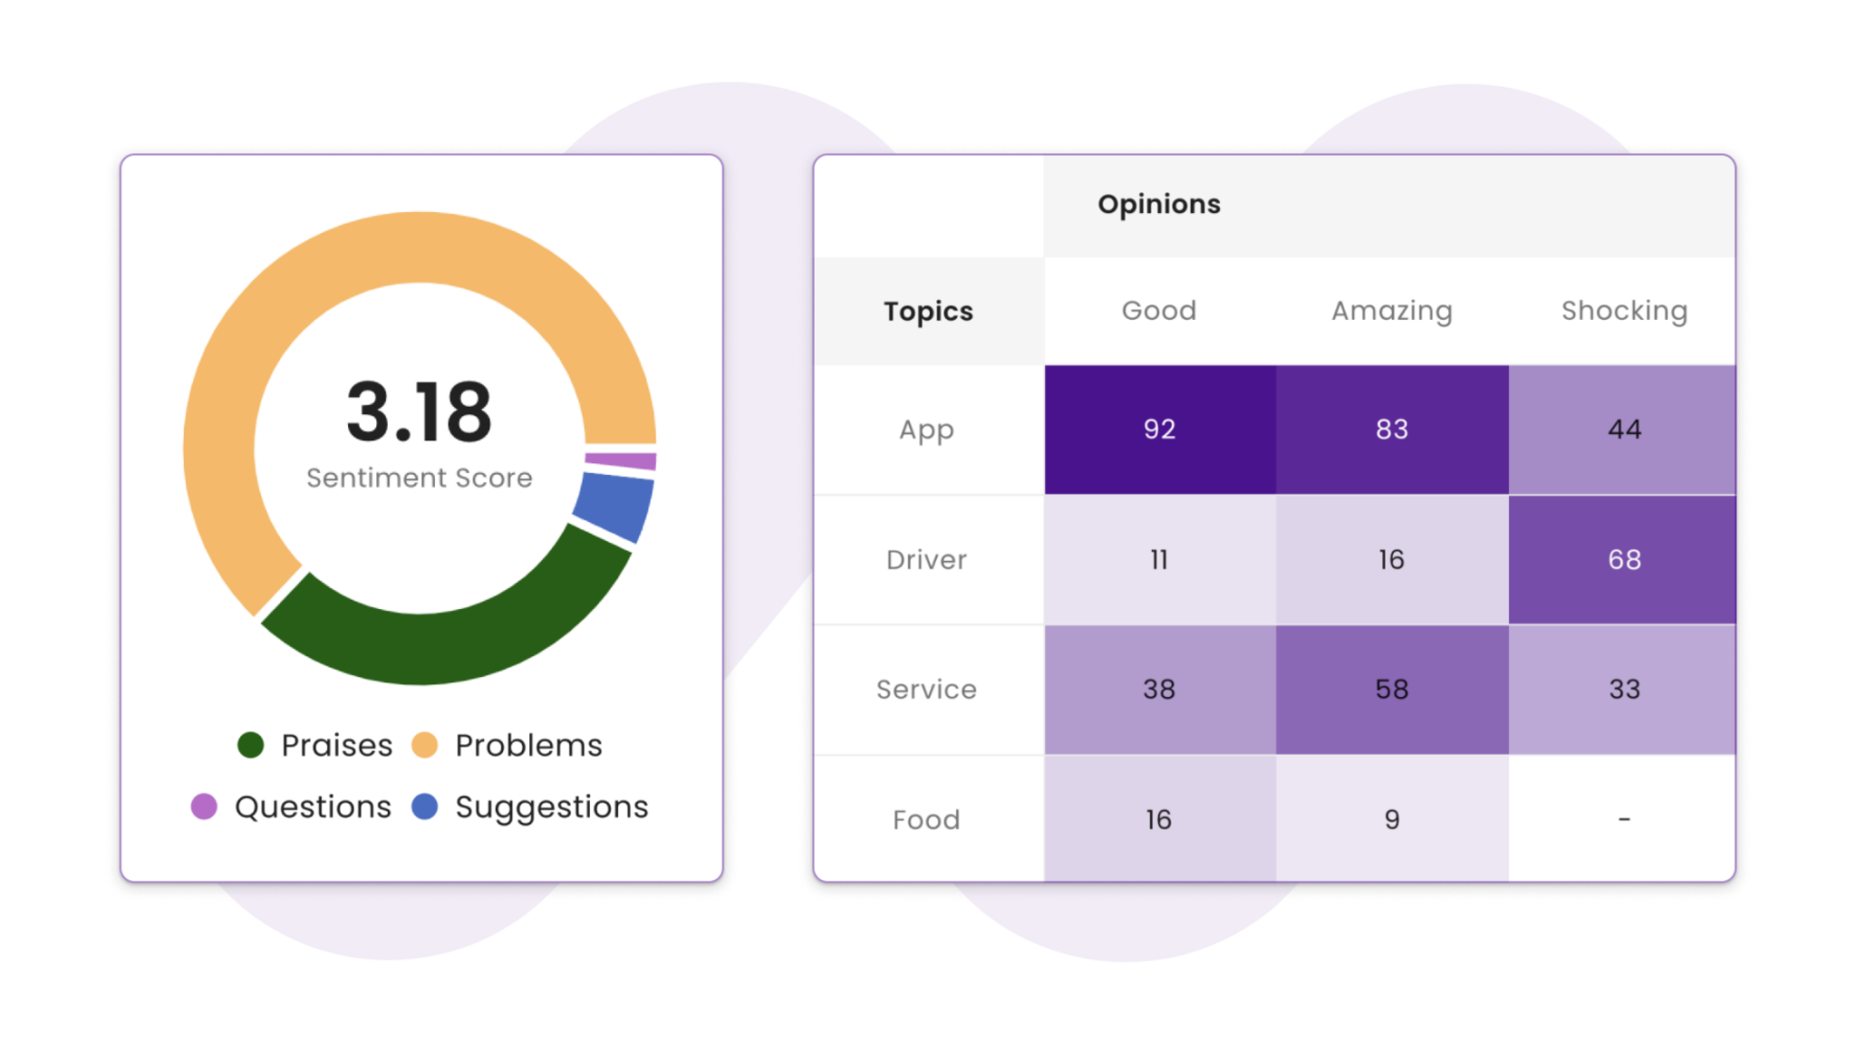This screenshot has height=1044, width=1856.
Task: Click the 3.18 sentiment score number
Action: [419, 412]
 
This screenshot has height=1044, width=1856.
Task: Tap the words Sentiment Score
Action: [419, 478]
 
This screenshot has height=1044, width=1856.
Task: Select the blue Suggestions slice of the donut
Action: [614, 507]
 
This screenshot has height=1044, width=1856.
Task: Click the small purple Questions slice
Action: [622, 460]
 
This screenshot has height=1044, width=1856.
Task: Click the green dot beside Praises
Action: [250, 745]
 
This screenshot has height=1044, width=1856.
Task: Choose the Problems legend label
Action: [527, 745]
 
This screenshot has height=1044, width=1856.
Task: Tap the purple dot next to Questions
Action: [204, 807]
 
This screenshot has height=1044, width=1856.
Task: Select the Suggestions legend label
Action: [551, 807]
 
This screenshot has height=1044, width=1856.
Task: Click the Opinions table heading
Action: [1158, 205]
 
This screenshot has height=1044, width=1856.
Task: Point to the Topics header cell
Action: [928, 311]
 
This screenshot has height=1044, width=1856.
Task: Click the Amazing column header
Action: [1391, 311]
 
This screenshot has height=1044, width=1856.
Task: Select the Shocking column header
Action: [1623, 311]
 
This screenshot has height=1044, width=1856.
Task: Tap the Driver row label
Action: [926, 560]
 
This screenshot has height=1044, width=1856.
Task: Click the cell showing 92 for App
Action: [1159, 430]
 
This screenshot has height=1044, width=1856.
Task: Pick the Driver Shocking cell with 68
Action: [1623, 560]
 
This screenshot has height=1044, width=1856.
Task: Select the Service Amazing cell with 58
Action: [1391, 690]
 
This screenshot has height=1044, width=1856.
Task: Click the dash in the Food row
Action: [1623, 819]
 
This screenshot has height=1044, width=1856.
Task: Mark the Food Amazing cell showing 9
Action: [1391, 819]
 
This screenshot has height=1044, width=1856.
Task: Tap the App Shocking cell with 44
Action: [1623, 430]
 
